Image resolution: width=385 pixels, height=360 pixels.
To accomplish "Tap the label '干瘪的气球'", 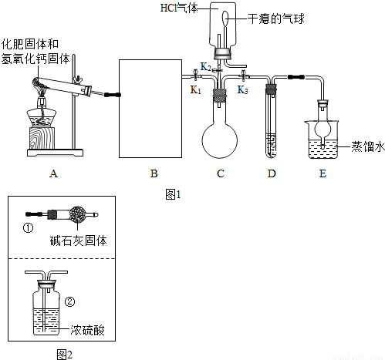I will coord(275,17).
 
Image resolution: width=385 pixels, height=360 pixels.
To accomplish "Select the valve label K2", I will coord(206,67).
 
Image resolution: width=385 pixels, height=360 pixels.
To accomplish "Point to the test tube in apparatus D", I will coord(271,123).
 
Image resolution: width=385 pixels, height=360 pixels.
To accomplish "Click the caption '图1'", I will coord(173,194).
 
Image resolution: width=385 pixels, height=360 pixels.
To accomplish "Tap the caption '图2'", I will coord(63,354).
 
